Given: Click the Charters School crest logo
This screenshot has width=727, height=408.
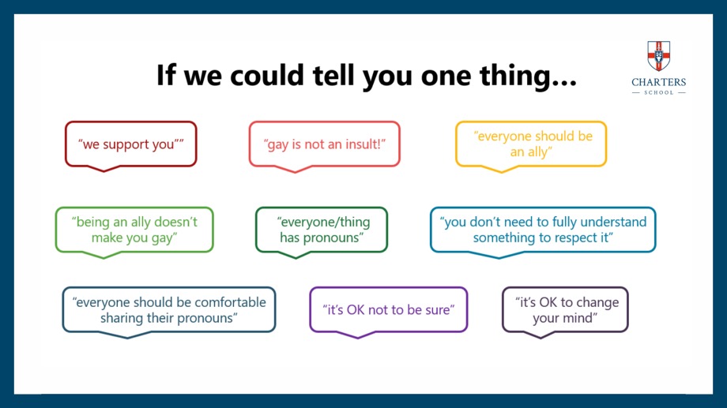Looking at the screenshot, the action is pos(658,55).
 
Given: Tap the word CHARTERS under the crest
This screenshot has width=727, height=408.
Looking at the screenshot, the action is pos(658,82).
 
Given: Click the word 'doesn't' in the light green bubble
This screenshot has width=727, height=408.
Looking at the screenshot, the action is pos(175,222).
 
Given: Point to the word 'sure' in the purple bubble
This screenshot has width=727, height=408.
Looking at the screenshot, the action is pos(438,310).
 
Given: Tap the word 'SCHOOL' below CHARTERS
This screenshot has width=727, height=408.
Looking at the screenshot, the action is pos(658,92).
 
